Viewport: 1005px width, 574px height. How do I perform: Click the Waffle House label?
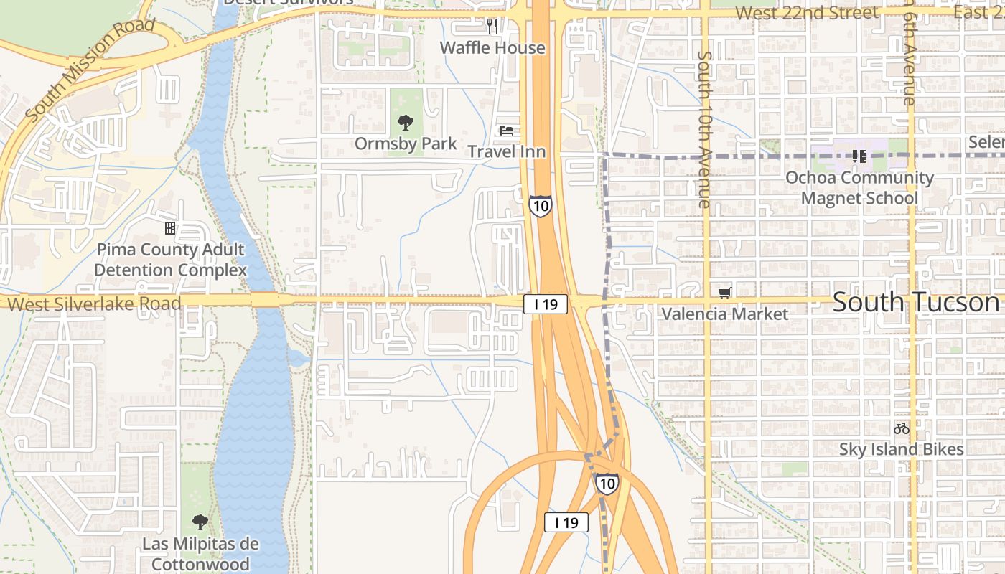(492, 48)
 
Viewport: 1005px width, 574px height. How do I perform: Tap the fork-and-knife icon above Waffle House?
(492, 27)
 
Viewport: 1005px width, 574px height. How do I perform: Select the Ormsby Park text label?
(406, 143)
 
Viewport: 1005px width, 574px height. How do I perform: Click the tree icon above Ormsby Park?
(406, 123)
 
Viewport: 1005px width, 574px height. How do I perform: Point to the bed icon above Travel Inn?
(507, 131)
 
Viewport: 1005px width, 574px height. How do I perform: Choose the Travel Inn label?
(507, 151)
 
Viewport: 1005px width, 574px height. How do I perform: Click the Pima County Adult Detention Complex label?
(170, 260)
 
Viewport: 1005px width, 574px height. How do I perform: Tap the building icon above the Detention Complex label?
(170, 228)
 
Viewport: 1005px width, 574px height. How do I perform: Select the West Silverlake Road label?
(94, 304)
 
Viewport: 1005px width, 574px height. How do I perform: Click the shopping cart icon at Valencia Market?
(725, 293)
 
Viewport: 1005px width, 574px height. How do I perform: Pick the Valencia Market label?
(725, 314)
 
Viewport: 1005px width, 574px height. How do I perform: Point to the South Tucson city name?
(916, 302)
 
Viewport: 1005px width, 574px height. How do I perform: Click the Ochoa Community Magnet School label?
(860, 187)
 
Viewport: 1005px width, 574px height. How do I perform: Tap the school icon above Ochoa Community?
(859, 156)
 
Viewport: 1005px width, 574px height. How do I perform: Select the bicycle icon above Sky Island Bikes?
(902, 428)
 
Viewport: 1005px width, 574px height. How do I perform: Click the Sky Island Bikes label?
(902, 450)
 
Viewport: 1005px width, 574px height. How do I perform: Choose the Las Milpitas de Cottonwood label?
(200, 553)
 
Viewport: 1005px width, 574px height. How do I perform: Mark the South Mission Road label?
(89, 70)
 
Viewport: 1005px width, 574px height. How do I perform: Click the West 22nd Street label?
(806, 13)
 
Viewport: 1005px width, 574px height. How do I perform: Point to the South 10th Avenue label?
(704, 129)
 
